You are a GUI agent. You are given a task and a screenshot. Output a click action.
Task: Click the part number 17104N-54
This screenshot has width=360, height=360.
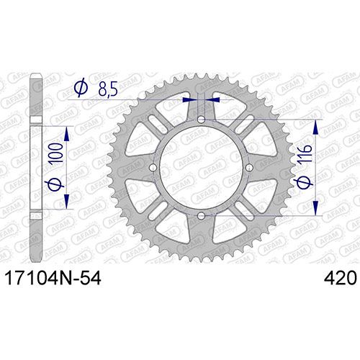pos(53,279)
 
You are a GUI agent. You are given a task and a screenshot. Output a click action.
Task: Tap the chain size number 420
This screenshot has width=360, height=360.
pos(339,279)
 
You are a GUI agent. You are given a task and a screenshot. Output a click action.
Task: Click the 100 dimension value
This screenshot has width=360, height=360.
pos(56,153)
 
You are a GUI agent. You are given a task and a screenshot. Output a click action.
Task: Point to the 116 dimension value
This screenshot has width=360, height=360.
pos(305,153)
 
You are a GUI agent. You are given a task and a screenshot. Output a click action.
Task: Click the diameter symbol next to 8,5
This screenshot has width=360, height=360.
pos(81,88)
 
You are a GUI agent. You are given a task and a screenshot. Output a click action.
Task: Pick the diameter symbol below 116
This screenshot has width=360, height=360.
pos(305,179)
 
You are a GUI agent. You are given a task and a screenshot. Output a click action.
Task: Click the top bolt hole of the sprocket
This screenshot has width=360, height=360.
pos(201,120)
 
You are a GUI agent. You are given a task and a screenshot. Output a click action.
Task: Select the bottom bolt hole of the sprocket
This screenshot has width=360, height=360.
pos(201,216)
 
